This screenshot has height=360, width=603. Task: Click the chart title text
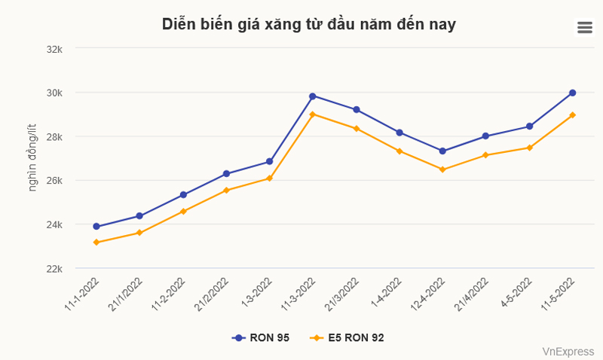(x=308, y=24)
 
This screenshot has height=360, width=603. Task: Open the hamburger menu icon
(x=584, y=28)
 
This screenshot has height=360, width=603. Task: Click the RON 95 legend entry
(x=261, y=338)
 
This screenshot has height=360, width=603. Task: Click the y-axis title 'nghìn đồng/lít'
(x=32, y=158)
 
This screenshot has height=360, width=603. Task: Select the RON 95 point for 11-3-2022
(x=313, y=96)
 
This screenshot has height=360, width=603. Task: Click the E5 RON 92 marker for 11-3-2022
(x=313, y=114)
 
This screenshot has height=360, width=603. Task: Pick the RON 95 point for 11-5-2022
(x=573, y=93)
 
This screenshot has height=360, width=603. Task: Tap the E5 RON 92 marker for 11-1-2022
(x=96, y=243)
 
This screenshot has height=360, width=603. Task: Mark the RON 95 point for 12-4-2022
(x=442, y=151)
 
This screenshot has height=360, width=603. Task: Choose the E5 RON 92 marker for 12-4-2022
(x=442, y=169)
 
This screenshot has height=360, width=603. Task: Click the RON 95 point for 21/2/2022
(x=226, y=174)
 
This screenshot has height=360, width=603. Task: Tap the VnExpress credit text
(x=568, y=351)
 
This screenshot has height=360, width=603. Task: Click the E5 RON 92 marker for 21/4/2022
(x=486, y=155)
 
